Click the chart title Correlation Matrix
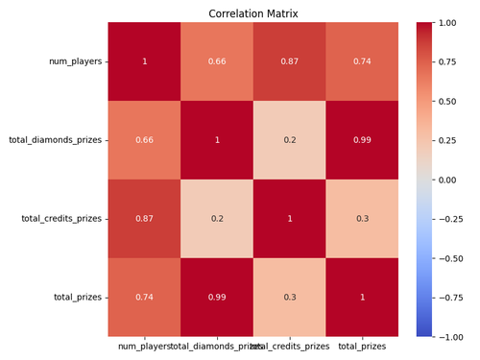pos(253,13)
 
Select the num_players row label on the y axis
pos(77,61)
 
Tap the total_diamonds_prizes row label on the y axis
pos(57,140)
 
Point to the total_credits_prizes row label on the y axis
pos(60,219)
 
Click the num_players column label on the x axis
pos(144,345)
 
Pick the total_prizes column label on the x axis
pos(362,345)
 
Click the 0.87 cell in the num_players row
pos(289,61)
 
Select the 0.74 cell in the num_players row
pos(362,61)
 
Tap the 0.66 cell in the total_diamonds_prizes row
pos(144,140)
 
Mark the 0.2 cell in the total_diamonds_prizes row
pos(289,140)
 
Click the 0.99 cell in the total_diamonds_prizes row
pos(362,140)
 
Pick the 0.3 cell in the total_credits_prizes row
pos(362,219)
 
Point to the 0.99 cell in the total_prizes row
pos(217,298)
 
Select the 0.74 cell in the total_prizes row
pos(144,298)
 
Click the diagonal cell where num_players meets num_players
pos(144,61)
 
